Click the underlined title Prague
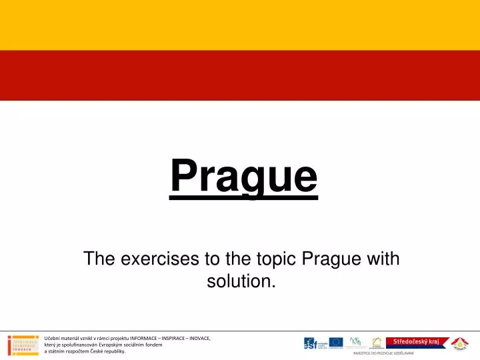pos(243,176)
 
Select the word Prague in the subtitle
pos(331,258)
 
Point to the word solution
pos(241,281)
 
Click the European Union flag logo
pos(336,343)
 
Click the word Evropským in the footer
pos(111,345)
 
